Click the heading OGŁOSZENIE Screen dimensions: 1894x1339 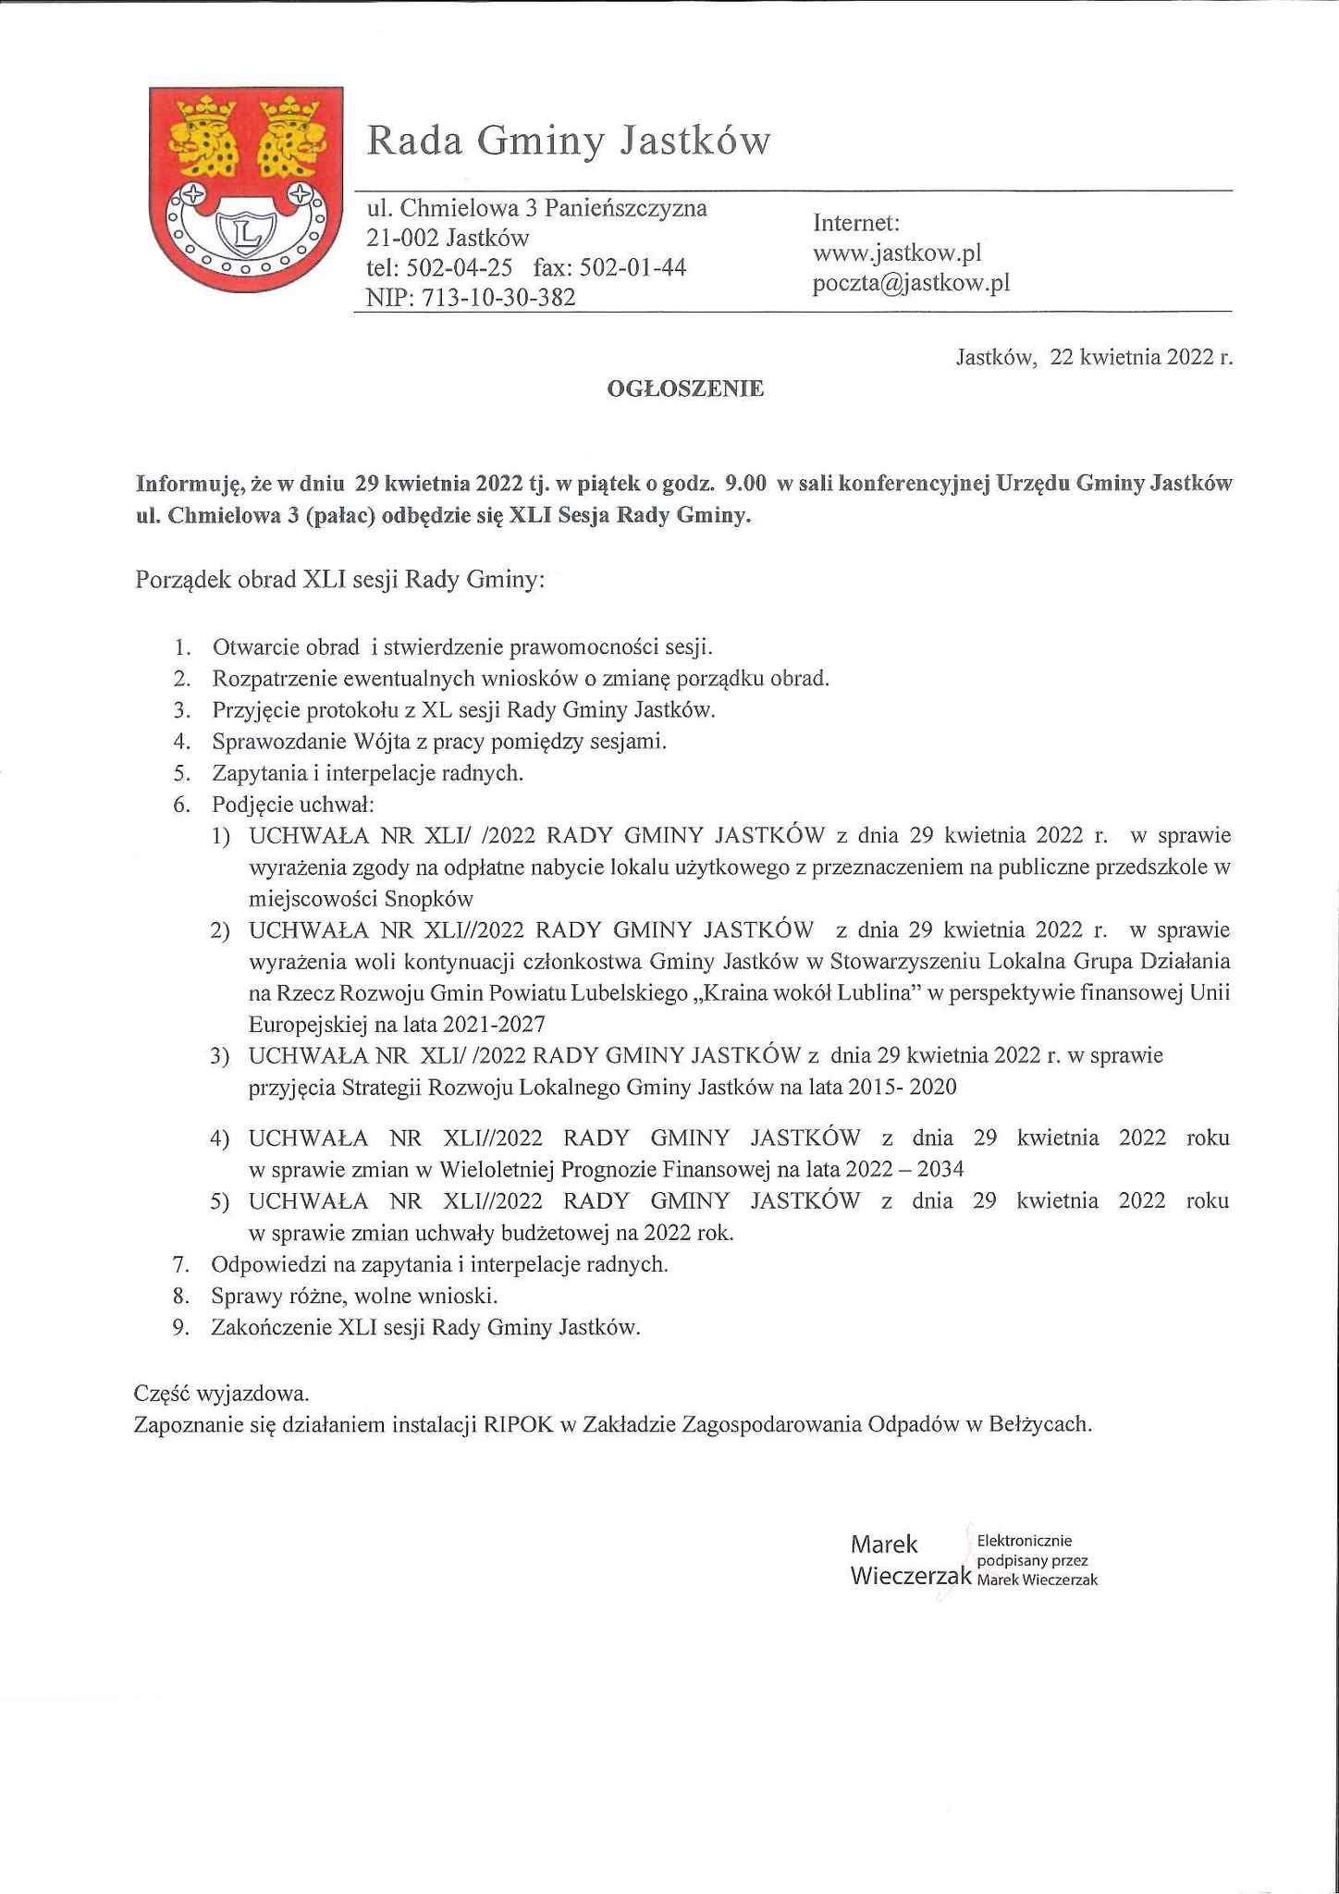coord(685,389)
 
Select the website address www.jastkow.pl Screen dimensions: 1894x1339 coord(896,252)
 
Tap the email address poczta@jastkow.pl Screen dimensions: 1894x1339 coord(911,283)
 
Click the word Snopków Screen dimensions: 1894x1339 coord(429,899)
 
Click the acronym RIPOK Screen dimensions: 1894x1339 coord(518,1424)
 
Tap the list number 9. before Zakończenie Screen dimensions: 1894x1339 coord(181,1328)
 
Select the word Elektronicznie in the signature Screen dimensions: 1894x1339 coord(1024,1541)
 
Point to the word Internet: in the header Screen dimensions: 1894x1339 coord(856,223)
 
